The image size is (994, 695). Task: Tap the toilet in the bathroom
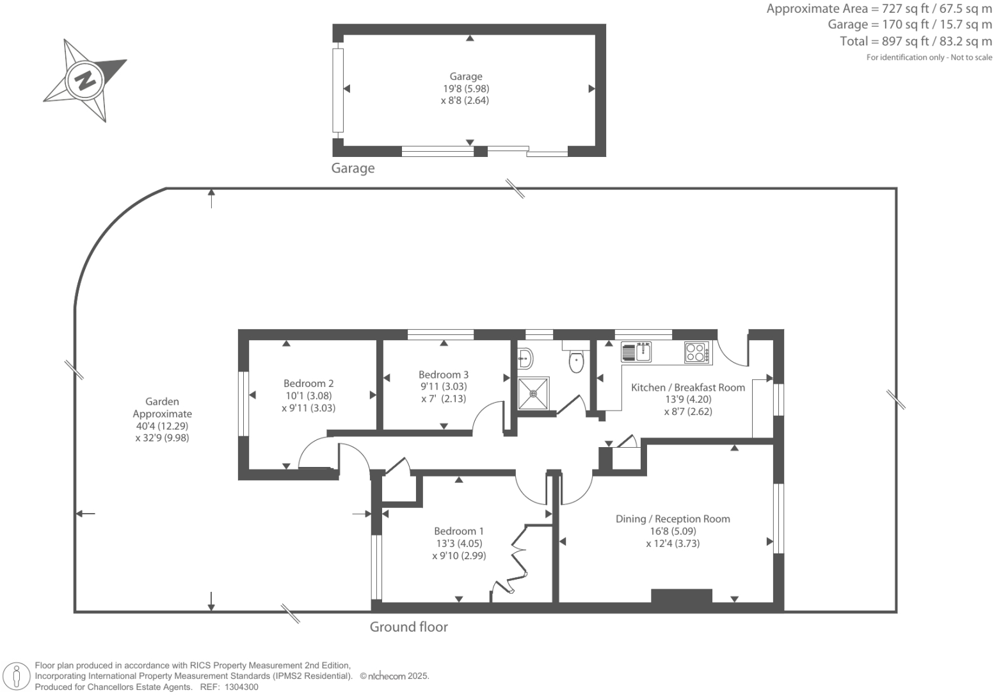(576, 362)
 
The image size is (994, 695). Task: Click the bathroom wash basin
(525, 358)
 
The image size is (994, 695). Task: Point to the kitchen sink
(637, 352)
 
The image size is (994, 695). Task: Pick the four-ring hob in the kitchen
(696, 352)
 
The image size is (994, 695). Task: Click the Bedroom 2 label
(309, 384)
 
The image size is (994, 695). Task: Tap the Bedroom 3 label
(444, 375)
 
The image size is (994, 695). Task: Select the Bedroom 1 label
(459, 531)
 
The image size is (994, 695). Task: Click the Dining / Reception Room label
(673, 519)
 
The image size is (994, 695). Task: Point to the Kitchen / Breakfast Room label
(688, 388)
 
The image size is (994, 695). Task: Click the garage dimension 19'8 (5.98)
(465, 88)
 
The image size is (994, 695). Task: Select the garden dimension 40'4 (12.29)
(162, 426)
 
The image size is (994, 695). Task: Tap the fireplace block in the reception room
(682, 596)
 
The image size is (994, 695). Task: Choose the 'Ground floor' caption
(408, 627)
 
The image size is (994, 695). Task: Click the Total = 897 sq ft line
(916, 42)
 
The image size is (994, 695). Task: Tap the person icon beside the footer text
(17, 676)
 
